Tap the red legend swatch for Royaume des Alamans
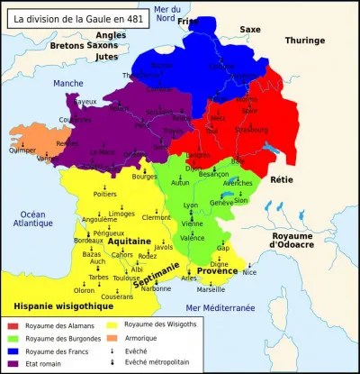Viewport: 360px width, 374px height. coord(13,325)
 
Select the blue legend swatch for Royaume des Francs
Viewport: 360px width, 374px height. coord(13,351)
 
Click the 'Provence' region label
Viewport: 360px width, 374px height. coord(218,270)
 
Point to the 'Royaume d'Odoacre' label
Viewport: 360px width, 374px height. coord(306,240)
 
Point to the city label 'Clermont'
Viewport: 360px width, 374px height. coord(156,217)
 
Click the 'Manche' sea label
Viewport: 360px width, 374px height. coord(67,83)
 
